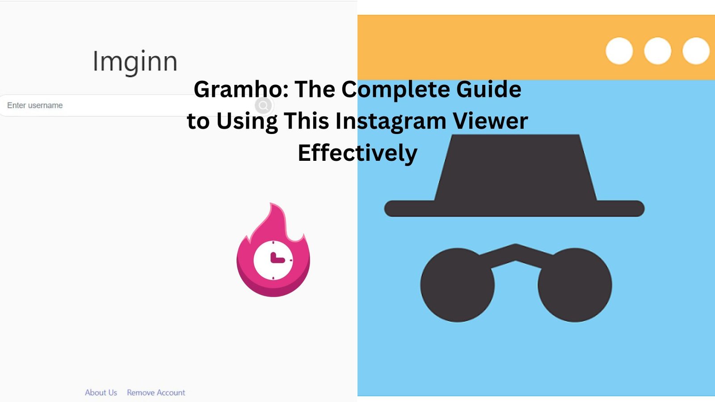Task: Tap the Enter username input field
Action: pos(96,105)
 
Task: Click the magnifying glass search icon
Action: pos(263,105)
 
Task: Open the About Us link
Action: pos(101,393)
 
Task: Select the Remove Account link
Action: pos(156,393)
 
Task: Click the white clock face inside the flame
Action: pos(273,260)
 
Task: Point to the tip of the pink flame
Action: pos(271,204)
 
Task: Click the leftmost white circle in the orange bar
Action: pos(619,51)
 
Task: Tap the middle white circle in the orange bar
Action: pos(657,51)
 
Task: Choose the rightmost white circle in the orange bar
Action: pos(696,51)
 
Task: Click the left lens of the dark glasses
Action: pos(458,285)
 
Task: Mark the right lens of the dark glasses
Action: pos(575,285)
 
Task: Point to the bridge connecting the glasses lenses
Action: pos(516,255)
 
